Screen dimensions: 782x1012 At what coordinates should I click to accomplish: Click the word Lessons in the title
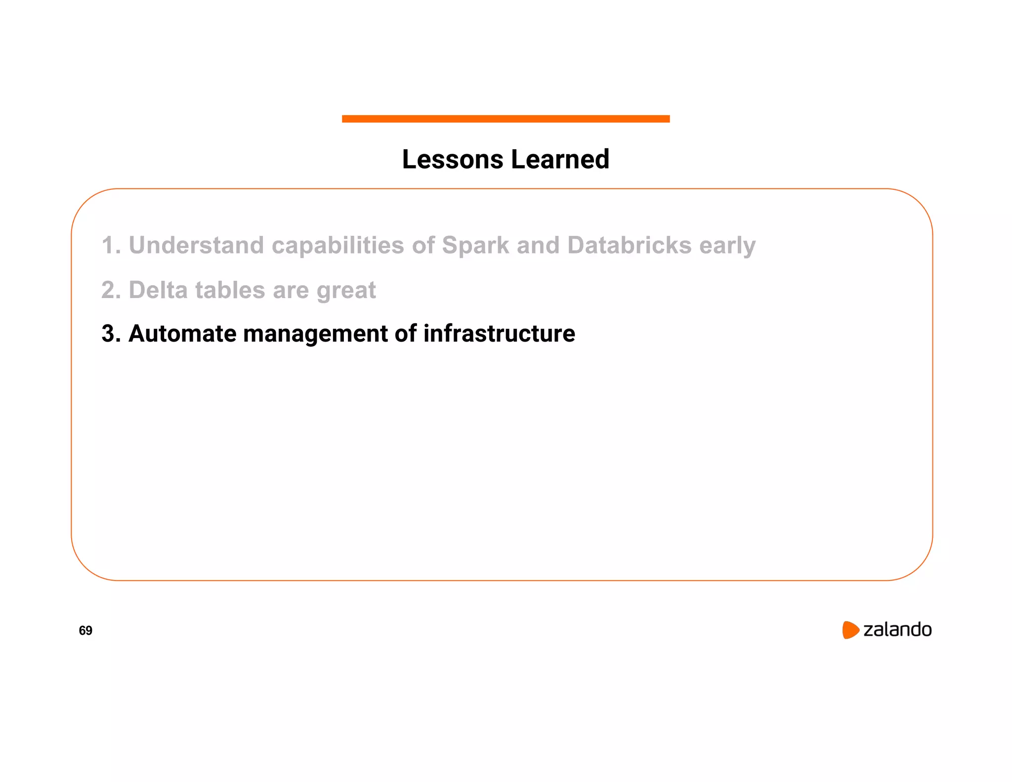(x=453, y=160)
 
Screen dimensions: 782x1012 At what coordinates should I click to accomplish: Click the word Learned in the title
(x=560, y=160)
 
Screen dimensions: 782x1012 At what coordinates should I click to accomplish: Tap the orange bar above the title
(x=506, y=119)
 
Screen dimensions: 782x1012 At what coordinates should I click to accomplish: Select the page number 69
(x=85, y=630)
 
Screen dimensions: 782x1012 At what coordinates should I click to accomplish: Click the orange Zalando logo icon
(x=850, y=630)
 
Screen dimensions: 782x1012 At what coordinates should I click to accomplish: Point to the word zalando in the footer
(x=897, y=630)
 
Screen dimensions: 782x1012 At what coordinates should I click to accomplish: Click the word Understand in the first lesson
(x=196, y=245)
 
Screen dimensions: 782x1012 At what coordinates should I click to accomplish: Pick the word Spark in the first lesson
(x=475, y=245)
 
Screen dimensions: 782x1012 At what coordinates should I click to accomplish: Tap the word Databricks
(x=629, y=245)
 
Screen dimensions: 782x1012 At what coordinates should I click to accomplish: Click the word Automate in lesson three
(x=182, y=334)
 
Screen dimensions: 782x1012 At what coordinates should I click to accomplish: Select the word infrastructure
(x=499, y=334)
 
